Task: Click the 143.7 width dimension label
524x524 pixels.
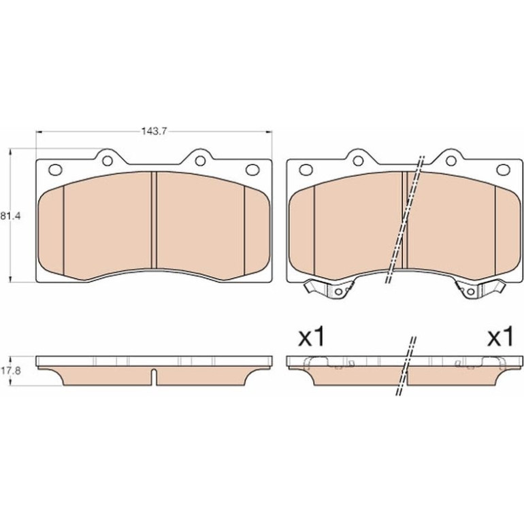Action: pos(154,131)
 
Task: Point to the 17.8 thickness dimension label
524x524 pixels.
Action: pos(10,371)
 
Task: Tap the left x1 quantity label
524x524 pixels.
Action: pos(312,338)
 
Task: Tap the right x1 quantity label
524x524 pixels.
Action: pos(500,338)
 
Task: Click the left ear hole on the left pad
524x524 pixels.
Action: pos(108,161)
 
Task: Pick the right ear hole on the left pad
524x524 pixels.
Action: pos(200,161)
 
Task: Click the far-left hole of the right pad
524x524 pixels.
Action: pos(306,169)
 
